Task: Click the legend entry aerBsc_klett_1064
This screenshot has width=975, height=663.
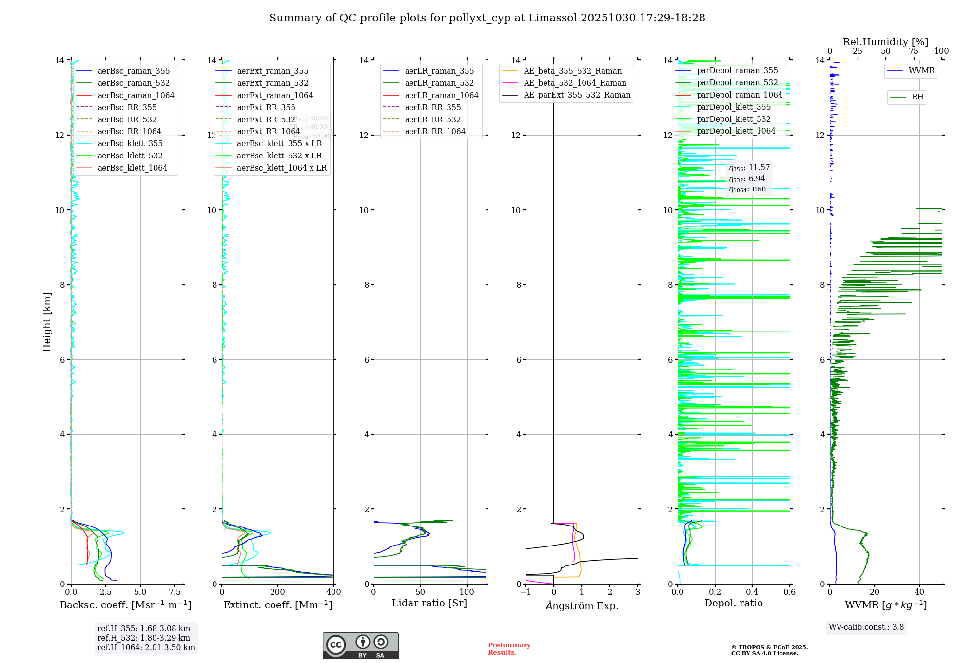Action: point(132,168)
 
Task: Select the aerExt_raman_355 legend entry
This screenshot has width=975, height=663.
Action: point(273,71)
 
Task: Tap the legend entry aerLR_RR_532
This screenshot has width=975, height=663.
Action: point(432,119)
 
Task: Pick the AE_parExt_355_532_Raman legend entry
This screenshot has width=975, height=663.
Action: point(577,95)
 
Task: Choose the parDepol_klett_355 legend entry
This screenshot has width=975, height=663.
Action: point(734,107)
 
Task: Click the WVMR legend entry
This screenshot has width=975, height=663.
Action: point(921,71)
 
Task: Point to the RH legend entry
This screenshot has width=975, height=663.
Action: point(917,97)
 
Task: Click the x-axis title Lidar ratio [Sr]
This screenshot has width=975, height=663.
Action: point(429,603)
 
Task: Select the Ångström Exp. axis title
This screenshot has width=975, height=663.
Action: point(582,606)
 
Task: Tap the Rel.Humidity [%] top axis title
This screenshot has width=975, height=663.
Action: point(885,42)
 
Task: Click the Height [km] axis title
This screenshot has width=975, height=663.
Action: point(47,322)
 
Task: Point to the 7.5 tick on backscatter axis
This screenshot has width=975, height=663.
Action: point(175,592)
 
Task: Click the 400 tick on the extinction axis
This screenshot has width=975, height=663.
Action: point(334,592)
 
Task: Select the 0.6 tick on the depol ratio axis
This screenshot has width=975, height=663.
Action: point(789,592)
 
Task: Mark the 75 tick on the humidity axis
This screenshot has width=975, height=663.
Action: point(914,51)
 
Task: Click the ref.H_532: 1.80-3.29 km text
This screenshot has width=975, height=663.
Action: point(144,638)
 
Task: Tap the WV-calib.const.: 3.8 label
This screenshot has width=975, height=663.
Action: point(866,627)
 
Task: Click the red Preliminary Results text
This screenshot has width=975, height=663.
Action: point(509,649)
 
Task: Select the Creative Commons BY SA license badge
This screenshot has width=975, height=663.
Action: point(360,645)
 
